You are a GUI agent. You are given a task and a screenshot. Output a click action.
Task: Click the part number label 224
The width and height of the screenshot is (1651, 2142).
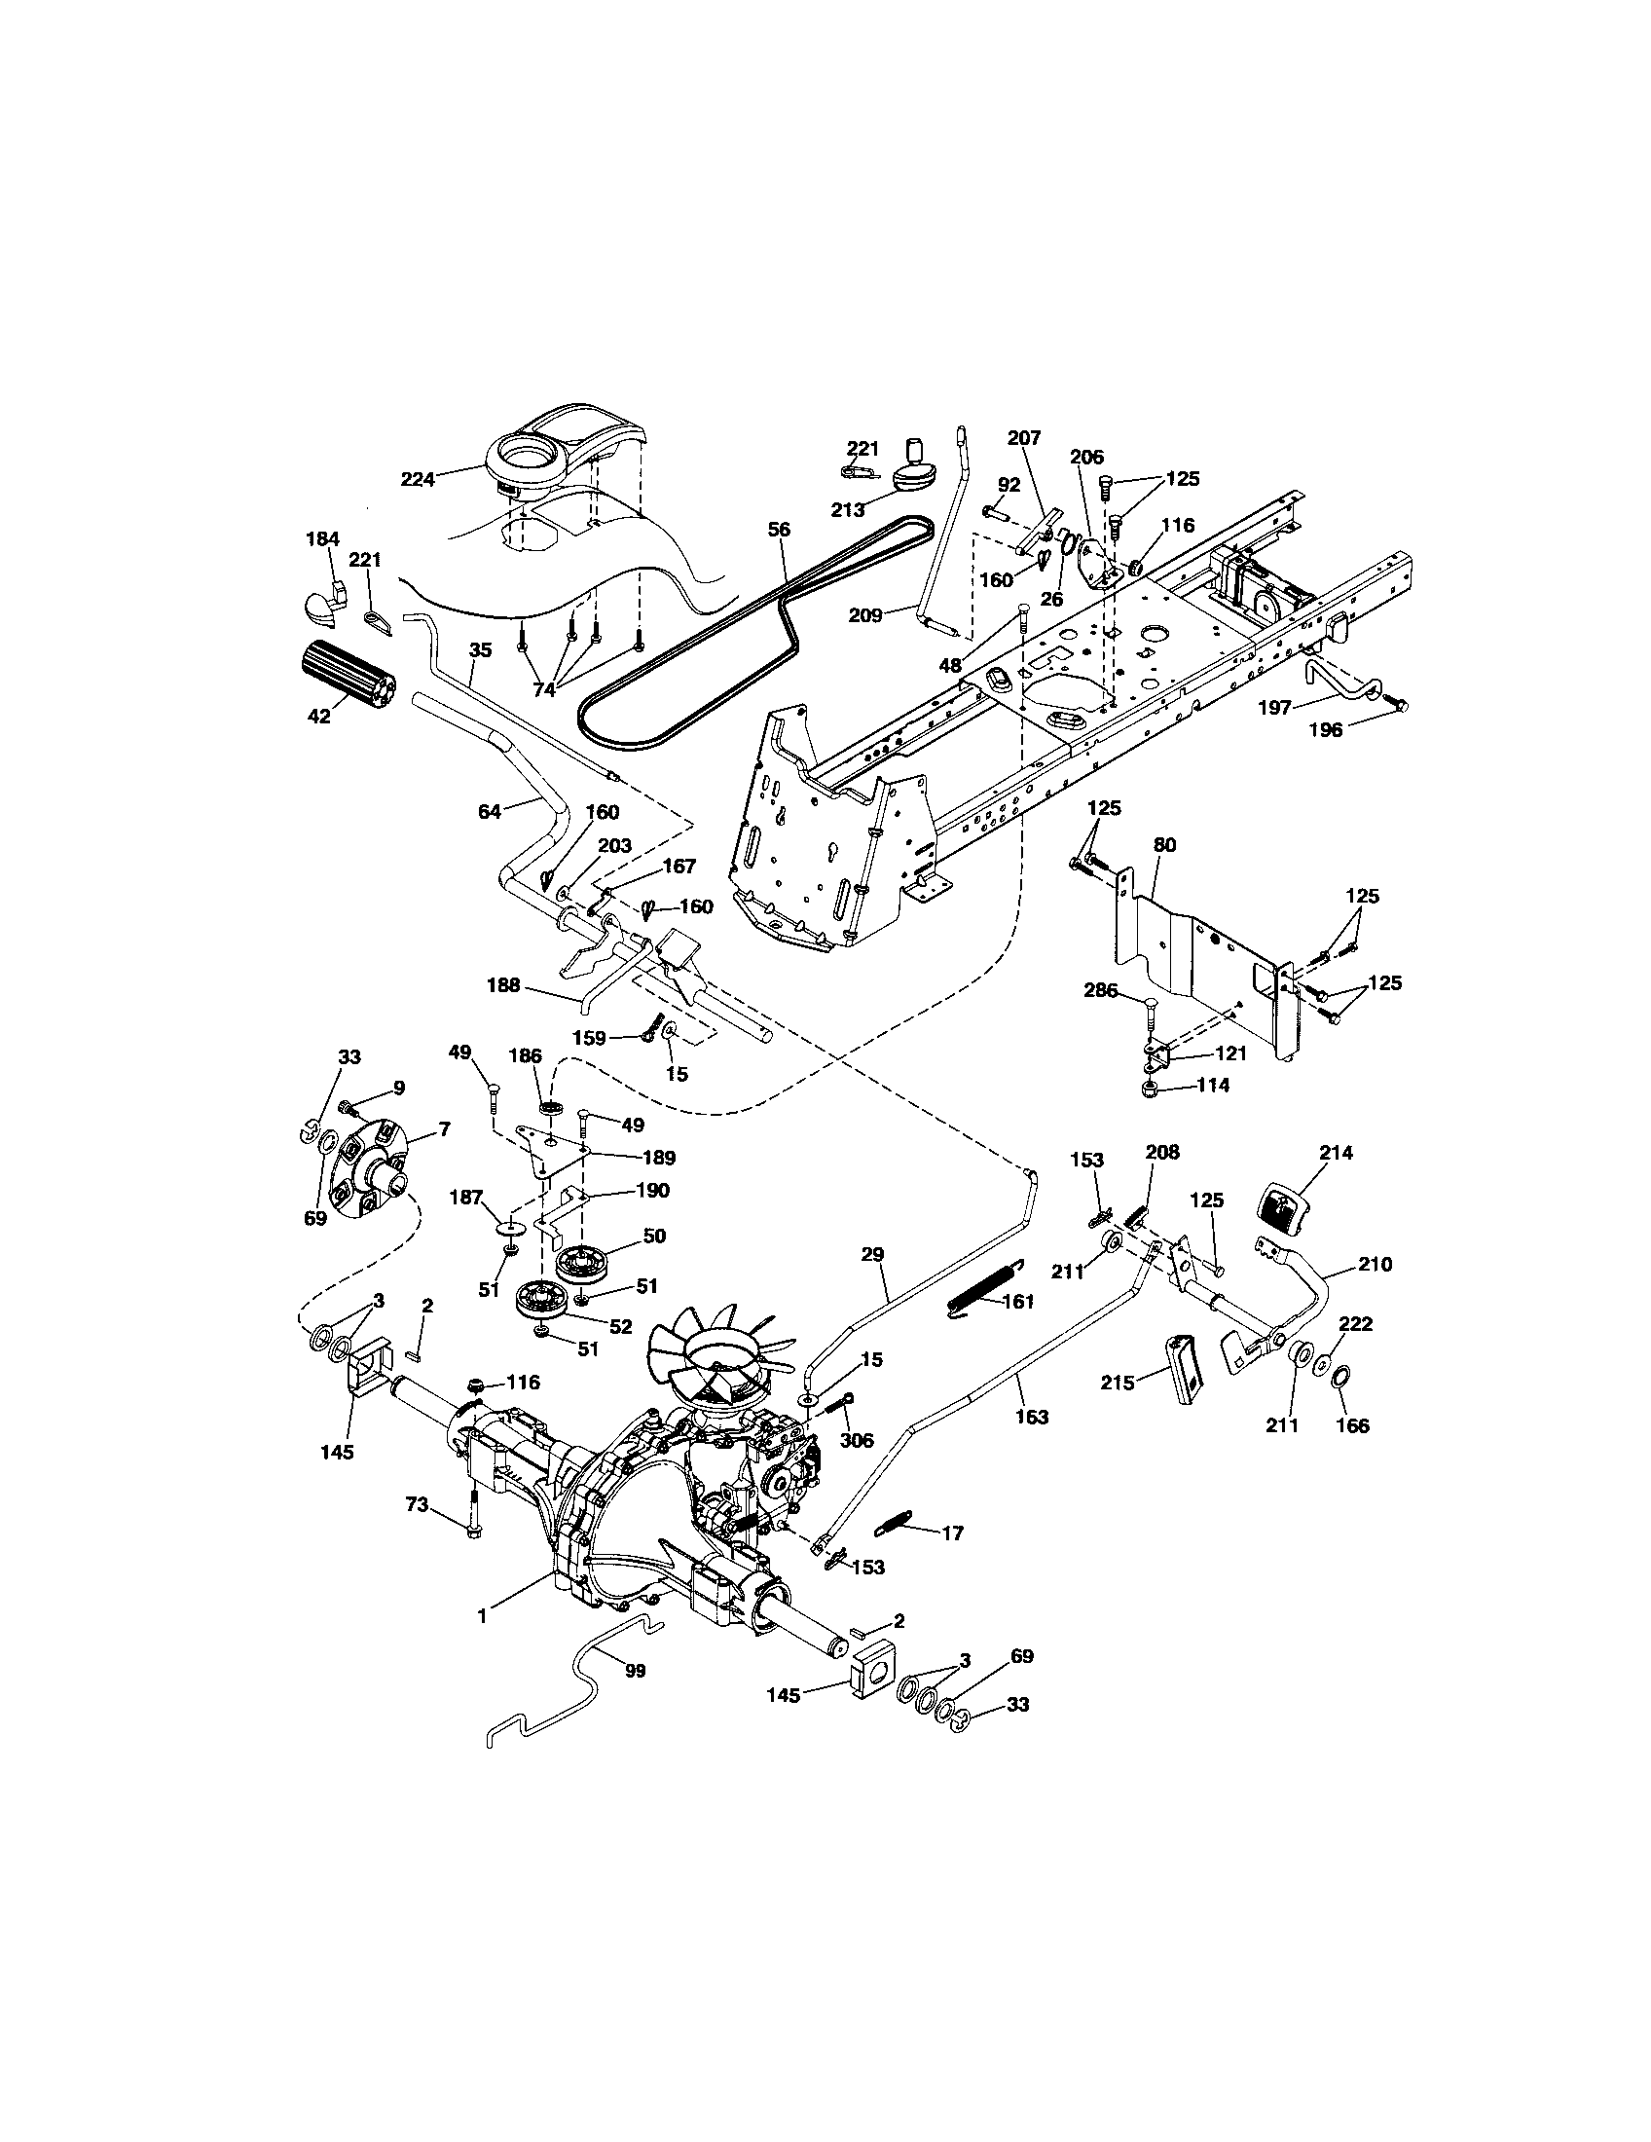pos(418,479)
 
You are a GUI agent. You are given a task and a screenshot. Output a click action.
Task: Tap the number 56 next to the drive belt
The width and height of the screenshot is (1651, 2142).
pos(779,530)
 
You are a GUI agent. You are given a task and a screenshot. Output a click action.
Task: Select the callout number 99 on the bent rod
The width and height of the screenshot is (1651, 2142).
pos(636,1671)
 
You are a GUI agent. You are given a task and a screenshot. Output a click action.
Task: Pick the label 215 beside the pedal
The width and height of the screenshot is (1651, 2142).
pos(1118,1383)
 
